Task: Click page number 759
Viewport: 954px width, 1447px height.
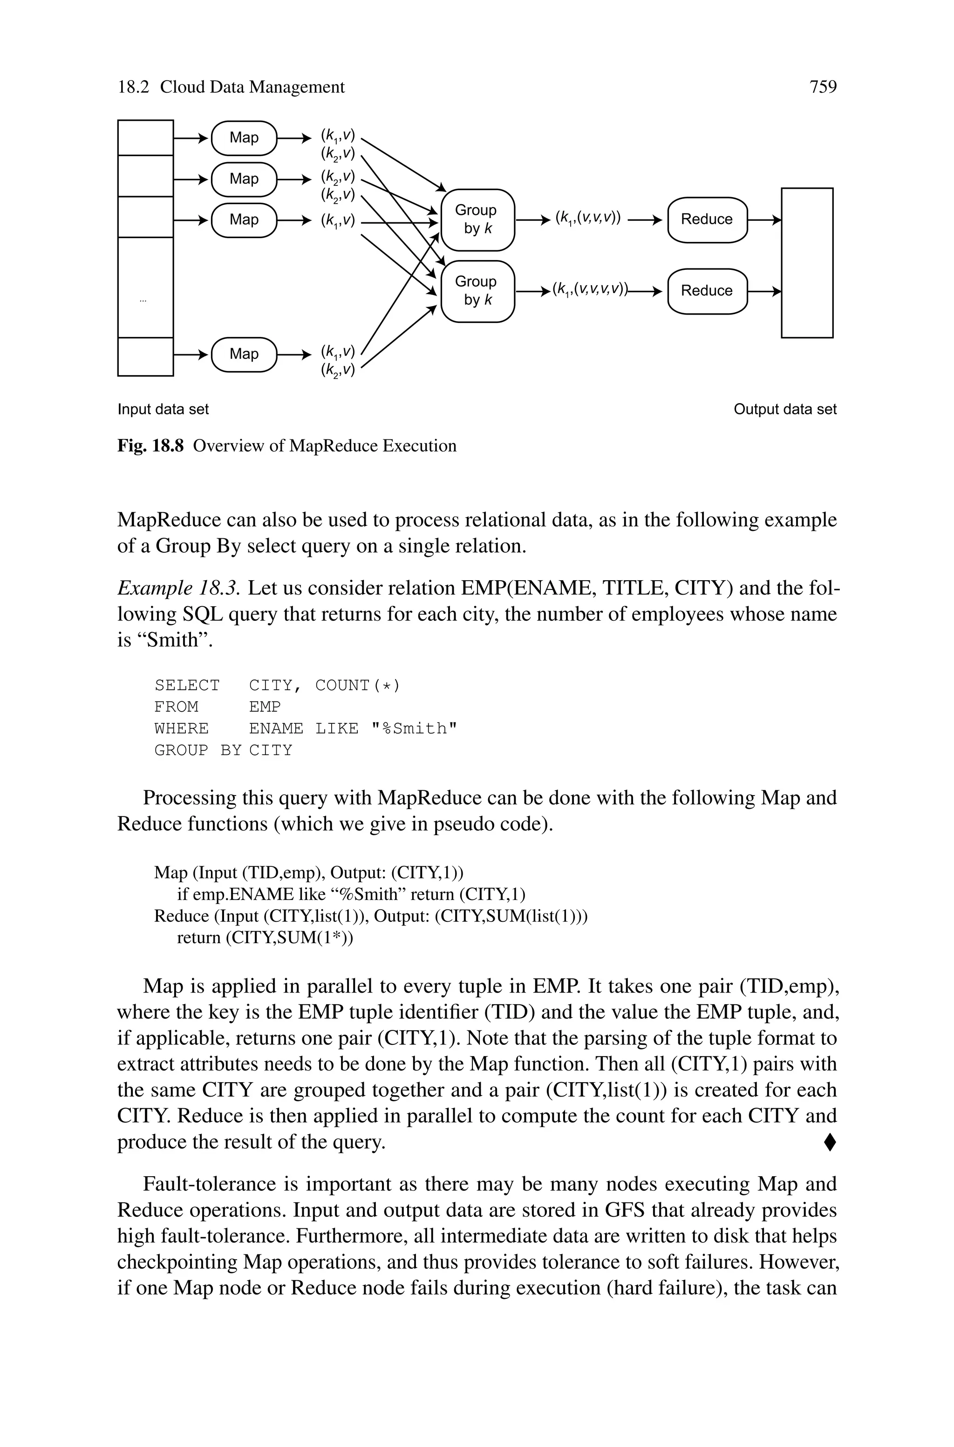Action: pos(823,87)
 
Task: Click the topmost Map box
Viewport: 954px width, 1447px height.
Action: pos(244,138)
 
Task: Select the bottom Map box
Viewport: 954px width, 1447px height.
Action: pos(244,354)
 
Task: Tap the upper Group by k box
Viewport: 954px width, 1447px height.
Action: pos(477,219)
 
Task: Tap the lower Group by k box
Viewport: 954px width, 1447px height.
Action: pos(477,291)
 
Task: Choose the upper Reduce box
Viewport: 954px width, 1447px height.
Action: pos(707,219)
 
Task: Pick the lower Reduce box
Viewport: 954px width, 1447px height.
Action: pos(707,291)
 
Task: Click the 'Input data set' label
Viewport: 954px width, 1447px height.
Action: pos(163,410)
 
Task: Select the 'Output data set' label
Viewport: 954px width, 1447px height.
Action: pos(785,410)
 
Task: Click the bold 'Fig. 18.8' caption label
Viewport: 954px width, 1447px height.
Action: pos(150,446)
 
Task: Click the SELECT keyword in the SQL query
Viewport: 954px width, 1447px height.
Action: pos(187,686)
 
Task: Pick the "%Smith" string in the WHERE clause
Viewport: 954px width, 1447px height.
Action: pos(414,729)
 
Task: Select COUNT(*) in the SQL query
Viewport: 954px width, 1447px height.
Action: pos(358,686)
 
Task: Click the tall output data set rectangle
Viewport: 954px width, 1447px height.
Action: pos(807,263)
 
